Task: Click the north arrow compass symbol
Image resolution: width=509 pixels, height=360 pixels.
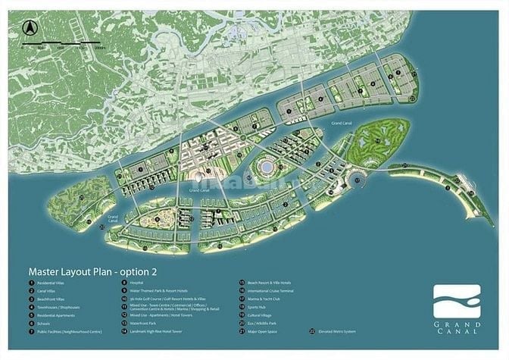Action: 30,27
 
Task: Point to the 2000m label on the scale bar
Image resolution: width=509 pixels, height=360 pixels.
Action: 99,47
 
